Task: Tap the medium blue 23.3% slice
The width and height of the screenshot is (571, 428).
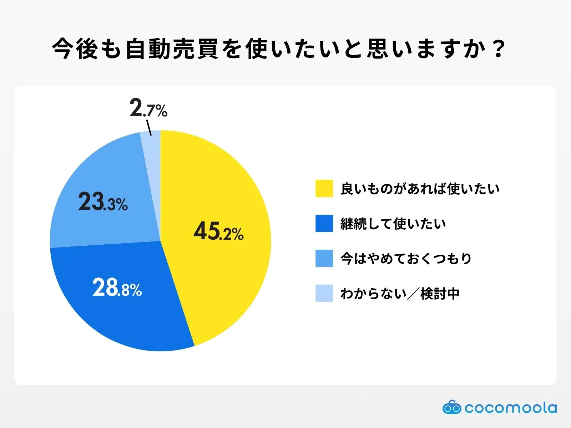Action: tap(107, 178)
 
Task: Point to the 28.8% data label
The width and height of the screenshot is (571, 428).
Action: tap(117, 288)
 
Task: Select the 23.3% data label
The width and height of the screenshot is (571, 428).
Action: tap(103, 202)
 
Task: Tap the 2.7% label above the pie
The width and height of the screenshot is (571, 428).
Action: tap(148, 108)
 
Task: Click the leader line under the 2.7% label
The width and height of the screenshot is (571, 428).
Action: tap(149, 128)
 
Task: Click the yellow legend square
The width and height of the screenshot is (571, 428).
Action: tap(324, 188)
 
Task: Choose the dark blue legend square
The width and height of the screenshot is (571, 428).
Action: tap(324, 223)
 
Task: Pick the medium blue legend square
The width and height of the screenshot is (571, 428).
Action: tap(324, 258)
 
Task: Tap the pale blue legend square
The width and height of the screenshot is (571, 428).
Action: tap(324, 293)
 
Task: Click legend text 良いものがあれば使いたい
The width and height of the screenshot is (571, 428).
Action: tap(420, 189)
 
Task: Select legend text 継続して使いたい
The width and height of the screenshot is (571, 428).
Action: tap(393, 224)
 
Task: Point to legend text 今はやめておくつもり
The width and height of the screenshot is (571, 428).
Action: tap(406, 259)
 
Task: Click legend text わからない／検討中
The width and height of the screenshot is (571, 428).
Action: tap(400, 294)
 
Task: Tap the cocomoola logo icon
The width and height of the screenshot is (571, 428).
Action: tap(452, 407)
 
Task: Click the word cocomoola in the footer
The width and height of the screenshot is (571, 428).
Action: tap(510, 408)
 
